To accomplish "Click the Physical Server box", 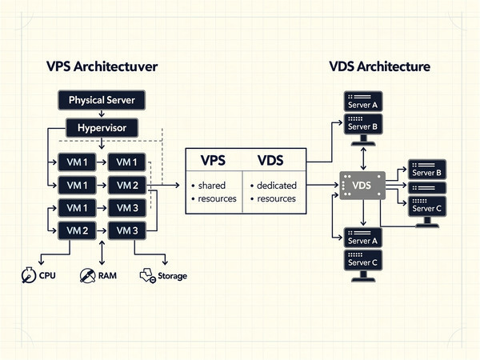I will pos(102,101).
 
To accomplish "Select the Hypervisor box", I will pos(102,128).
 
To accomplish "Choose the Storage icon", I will pos(147,276).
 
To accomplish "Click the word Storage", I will pos(172,277).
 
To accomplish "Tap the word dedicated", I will pos(276,186).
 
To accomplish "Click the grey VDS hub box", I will pos(361,186).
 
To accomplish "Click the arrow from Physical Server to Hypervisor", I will pos(102,114).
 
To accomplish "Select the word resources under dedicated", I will pos(276,199).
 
